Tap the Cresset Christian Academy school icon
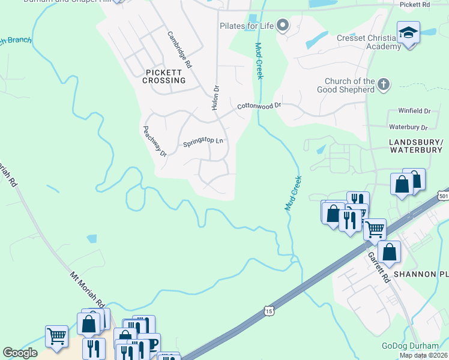tap(408, 32)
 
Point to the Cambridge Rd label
tap(179, 49)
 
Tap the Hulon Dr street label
tap(215, 97)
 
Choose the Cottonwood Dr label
tap(259, 106)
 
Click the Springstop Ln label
tap(203, 142)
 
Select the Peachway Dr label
tap(154, 141)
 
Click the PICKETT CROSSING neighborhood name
tap(165, 76)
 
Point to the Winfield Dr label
tap(414, 111)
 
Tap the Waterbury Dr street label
tap(408, 127)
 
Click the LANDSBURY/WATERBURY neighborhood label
tap(415, 146)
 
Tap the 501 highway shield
tap(443, 196)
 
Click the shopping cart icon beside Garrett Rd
tap(375, 229)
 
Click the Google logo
tap(20, 353)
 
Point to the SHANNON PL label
tap(421, 274)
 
